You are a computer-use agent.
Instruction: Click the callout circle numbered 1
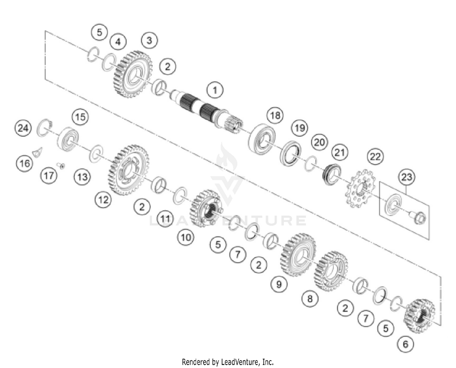click(215, 90)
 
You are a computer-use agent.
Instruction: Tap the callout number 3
click(149, 40)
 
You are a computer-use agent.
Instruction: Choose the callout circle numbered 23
click(406, 177)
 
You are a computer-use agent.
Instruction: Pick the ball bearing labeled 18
click(261, 138)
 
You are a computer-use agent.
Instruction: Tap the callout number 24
click(23, 128)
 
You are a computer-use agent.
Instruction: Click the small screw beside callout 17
click(61, 166)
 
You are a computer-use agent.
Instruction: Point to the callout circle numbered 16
click(24, 163)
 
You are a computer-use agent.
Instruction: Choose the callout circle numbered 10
click(186, 237)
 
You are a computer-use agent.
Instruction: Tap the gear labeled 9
click(298, 255)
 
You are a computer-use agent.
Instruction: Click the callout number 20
click(319, 142)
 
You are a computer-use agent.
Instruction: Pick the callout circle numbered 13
click(82, 177)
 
